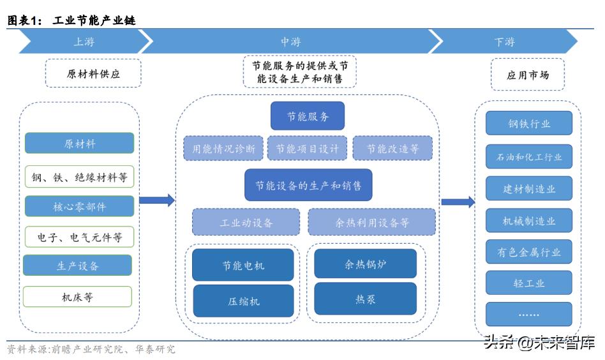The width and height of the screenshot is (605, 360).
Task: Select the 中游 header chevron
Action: point(290,42)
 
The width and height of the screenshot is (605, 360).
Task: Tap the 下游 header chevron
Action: point(504,42)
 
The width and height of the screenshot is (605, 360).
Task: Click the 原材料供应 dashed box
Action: point(93,74)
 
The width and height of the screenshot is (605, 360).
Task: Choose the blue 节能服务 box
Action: point(308,117)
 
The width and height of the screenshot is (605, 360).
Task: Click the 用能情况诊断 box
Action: point(223,149)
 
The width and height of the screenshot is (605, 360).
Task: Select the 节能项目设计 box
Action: point(308,149)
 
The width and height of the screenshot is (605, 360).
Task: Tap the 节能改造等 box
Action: point(392,149)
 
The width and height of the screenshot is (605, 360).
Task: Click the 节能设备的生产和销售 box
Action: point(308,186)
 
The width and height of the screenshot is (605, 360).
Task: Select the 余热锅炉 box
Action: point(365,264)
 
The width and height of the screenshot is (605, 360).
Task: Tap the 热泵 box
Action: point(365,299)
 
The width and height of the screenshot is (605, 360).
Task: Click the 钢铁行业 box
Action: point(529,124)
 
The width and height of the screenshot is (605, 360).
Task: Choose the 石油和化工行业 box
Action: point(529,156)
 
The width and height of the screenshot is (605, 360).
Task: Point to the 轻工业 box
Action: point(529,283)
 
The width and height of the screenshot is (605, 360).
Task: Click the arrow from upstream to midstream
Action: point(157,200)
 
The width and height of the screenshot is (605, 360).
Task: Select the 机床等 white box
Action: point(78,297)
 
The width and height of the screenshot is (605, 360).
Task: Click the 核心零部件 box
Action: point(79,207)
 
